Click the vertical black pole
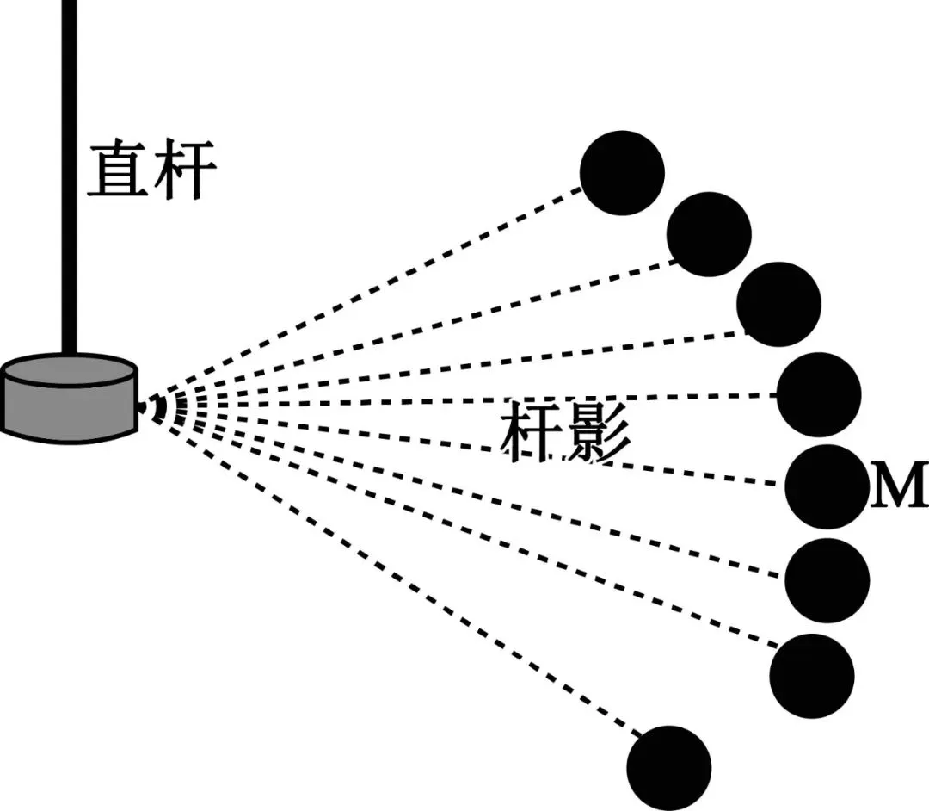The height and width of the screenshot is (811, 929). click(x=70, y=172)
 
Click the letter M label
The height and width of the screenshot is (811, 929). click(x=897, y=488)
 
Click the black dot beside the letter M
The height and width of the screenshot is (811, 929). click(x=827, y=486)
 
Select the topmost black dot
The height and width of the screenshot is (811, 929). click(x=622, y=173)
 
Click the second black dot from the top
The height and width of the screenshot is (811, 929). click(x=709, y=234)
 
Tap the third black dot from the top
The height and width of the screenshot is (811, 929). click(x=778, y=304)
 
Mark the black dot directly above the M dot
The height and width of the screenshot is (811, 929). click(x=819, y=394)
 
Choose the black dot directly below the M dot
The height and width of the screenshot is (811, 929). click(x=827, y=581)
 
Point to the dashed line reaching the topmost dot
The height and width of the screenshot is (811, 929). click(x=370, y=288)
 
